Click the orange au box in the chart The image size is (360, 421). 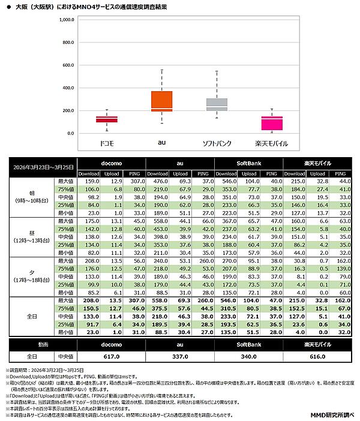click(161, 101)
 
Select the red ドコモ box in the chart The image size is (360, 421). click(107, 119)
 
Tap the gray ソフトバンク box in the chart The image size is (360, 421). click(216, 104)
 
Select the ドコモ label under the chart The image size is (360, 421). click(107, 144)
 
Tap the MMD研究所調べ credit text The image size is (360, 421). click(332, 414)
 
